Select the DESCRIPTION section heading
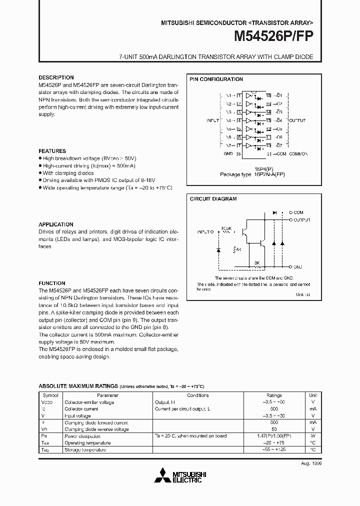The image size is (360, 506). (x=56, y=78)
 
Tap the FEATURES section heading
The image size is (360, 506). (x=52, y=151)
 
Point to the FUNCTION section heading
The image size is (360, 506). (x=52, y=283)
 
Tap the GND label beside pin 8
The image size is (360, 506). (x=228, y=154)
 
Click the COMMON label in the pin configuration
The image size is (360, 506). (x=299, y=154)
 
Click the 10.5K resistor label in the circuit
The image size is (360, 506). (x=226, y=227)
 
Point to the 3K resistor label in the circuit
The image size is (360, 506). (x=256, y=262)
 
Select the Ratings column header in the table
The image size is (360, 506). (x=274, y=395)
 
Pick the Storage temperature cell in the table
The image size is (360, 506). (x=85, y=449)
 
